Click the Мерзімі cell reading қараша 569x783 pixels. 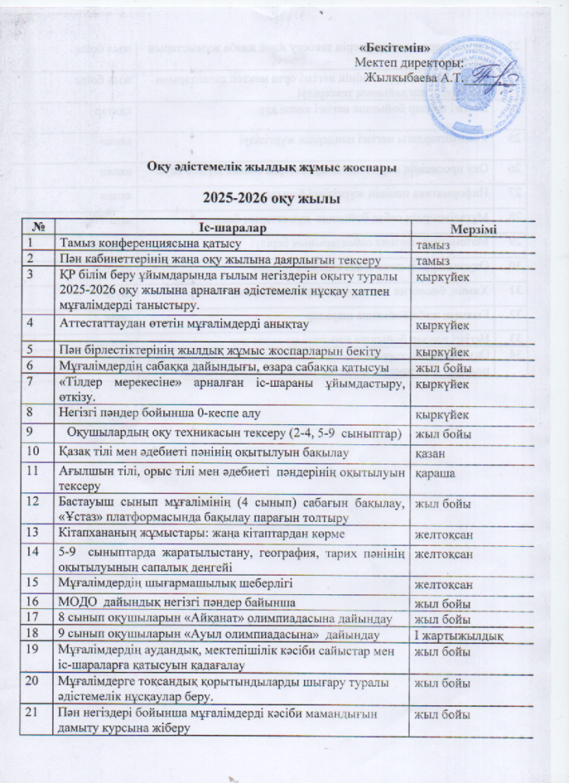pos(434,472)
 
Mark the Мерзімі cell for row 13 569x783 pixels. pos(442,534)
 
